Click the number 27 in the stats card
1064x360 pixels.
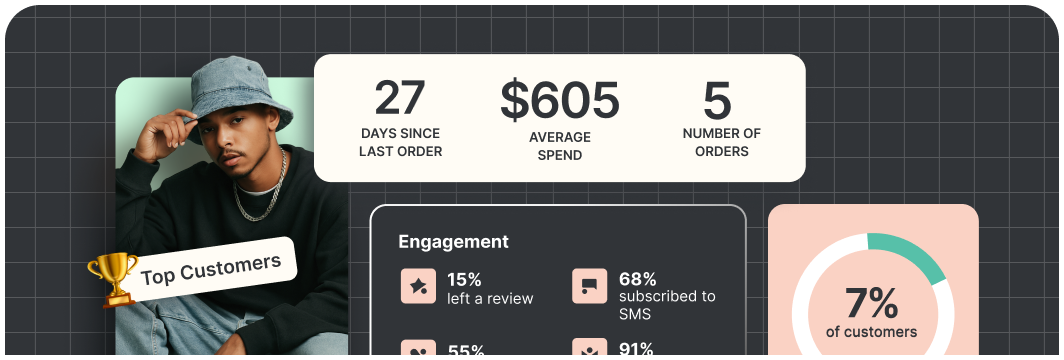(x=400, y=99)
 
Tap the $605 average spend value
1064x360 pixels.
(x=560, y=100)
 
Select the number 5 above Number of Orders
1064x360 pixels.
(x=717, y=100)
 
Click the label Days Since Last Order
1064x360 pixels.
(x=400, y=143)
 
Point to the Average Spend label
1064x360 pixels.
(x=560, y=146)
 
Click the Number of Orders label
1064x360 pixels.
(x=722, y=143)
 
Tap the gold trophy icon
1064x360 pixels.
(x=113, y=279)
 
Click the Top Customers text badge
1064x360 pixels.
(x=211, y=267)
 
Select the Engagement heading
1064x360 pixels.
(x=453, y=242)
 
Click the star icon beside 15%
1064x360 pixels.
(x=418, y=287)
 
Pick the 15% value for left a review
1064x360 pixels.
(x=464, y=279)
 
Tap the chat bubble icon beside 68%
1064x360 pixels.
(x=590, y=287)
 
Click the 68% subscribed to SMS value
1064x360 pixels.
(x=637, y=279)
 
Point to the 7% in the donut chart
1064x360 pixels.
(x=871, y=302)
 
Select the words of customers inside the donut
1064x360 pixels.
(x=871, y=332)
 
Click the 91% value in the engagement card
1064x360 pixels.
(x=637, y=349)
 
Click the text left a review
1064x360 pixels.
(x=490, y=298)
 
